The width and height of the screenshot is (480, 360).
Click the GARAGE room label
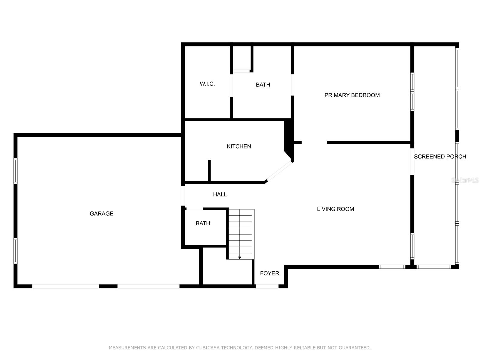click(101, 214)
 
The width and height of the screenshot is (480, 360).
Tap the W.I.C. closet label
click(207, 84)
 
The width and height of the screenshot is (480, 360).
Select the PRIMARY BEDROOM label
click(352, 95)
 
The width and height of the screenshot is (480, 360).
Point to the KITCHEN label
click(239, 146)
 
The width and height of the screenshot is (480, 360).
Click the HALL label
click(220, 194)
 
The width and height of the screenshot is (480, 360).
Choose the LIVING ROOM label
click(335, 209)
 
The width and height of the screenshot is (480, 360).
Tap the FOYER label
click(269, 273)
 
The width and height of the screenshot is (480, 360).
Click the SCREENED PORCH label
click(440, 157)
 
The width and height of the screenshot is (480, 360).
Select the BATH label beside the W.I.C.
click(263, 85)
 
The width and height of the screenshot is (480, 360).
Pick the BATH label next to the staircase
click(203, 223)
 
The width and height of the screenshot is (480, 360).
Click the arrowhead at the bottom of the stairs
click(239, 258)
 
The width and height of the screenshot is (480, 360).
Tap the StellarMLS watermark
click(465, 180)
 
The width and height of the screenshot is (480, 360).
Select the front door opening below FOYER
click(267, 286)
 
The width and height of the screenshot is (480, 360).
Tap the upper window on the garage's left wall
click(16, 171)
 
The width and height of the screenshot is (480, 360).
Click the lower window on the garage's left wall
click(16, 251)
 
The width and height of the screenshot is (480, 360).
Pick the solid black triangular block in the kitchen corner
click(289, 140)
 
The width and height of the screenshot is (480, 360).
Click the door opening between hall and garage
click(183, 196)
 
